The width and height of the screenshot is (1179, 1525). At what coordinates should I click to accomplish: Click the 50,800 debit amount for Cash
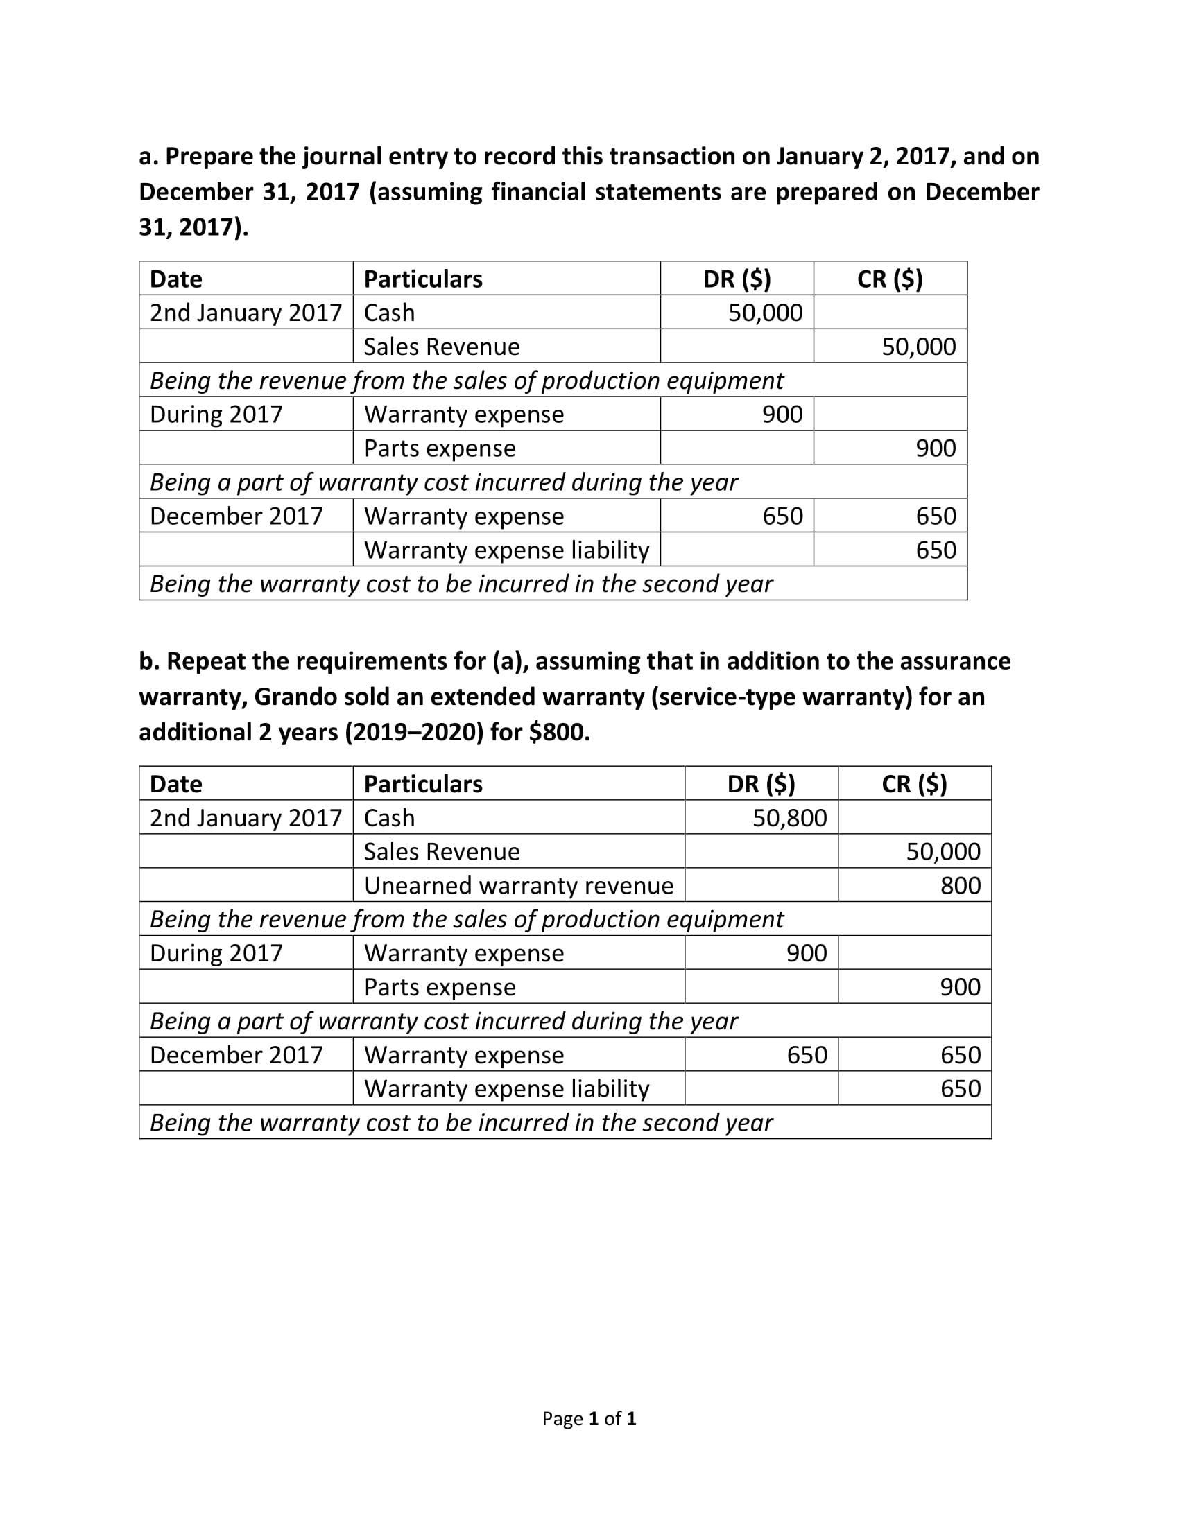coord(789,817)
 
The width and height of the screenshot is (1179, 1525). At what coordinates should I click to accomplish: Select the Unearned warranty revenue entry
coord(518,885)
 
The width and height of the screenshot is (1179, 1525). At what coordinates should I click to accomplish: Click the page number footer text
coord(589,1418)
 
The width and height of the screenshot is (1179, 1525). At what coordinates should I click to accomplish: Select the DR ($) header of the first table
coord(737,279)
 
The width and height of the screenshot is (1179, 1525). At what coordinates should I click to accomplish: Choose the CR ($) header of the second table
coord(914,783)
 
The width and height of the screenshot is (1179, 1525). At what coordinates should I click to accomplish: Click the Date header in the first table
coord(176,279)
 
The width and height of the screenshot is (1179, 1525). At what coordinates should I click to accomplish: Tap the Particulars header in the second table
coord(423,783)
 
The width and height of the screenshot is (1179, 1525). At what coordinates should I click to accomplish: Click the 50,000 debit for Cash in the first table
coord(766,312)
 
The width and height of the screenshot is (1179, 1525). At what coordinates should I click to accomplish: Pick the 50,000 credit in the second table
coord(943,851)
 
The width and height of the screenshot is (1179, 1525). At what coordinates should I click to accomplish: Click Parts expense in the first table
coord(439,448)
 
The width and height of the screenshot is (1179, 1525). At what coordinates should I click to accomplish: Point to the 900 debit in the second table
coord(807,953)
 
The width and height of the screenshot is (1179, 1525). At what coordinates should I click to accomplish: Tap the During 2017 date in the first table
coord(216,414)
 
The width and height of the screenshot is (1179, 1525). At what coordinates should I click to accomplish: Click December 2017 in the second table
coord(236,1054)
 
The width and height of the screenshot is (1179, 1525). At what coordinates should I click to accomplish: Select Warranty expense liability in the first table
coord(506,550)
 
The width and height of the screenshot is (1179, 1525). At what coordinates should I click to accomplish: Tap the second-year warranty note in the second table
coord(461,1122)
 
